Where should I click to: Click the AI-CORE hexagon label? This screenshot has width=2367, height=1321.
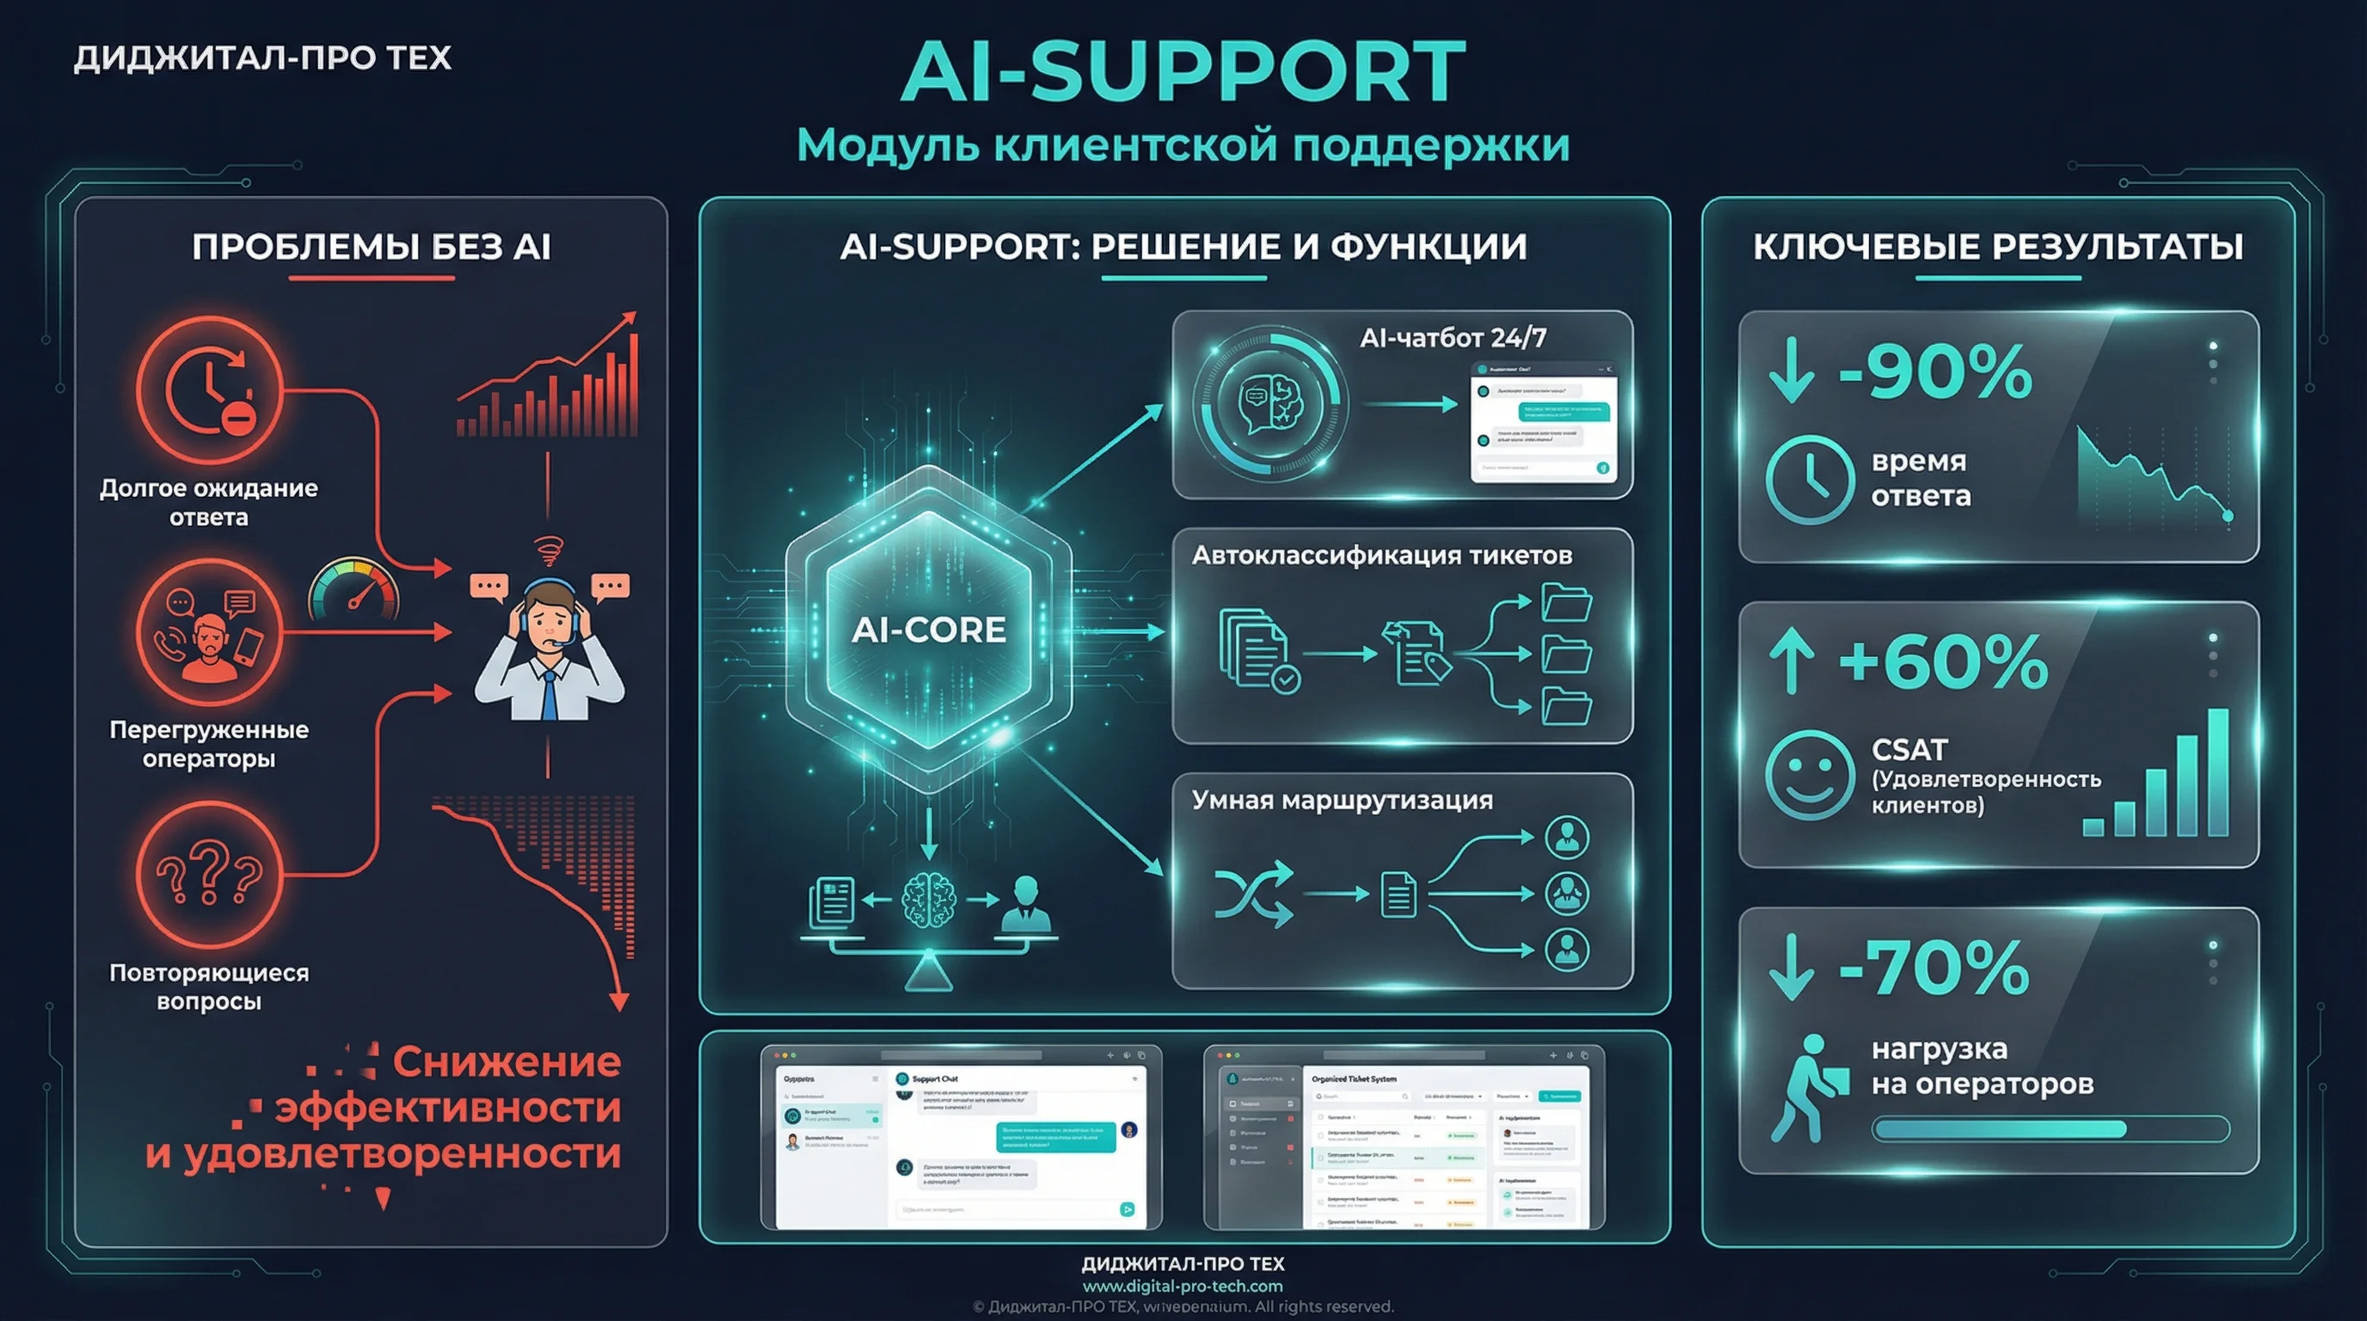[x=928, y=630]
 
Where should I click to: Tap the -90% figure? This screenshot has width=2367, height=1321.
[x=1935, y=372]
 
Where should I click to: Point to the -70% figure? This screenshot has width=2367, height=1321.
[x=1934, y=968]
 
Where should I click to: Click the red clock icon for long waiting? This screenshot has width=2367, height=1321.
[x=210, y=390]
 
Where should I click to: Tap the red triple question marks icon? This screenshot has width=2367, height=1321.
[x=210, y=874]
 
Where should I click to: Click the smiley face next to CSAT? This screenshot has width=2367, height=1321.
[x=1808, y=774]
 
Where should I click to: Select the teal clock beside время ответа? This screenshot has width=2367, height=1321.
[x=1808, y=480]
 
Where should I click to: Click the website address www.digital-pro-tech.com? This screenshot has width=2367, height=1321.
[x=1183, y=1286]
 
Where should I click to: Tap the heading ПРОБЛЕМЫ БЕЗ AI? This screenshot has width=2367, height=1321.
[x=372, y=247]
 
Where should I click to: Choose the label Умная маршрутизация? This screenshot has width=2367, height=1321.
[x=1342, y=800]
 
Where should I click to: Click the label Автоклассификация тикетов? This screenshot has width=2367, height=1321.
[x=1381, y=556]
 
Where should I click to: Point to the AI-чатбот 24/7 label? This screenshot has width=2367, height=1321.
[x=1453, y=338]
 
